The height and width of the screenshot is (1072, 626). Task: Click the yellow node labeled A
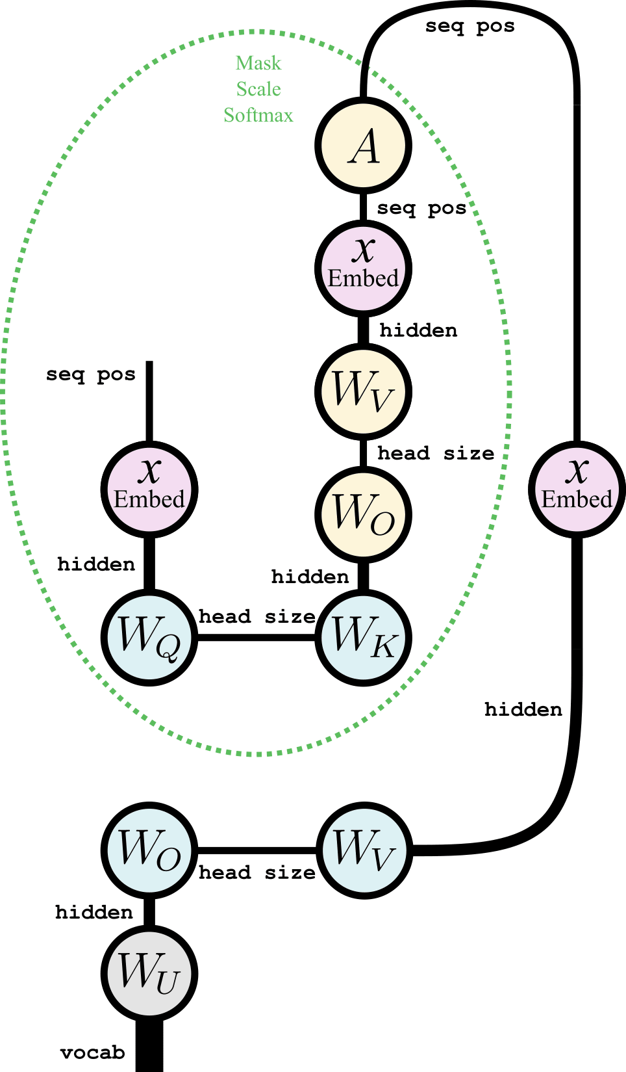364,146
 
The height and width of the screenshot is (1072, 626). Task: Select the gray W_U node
149,973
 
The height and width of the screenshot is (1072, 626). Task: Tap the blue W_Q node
149,637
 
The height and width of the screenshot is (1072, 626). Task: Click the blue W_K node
364,637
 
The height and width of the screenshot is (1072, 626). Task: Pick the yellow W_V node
364,391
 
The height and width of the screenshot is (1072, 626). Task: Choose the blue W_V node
364,850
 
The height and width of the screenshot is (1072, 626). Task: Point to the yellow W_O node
364,515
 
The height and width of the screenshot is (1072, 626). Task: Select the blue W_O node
149,850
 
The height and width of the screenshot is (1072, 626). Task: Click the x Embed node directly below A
364,268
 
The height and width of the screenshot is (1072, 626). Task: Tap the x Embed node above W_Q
149,489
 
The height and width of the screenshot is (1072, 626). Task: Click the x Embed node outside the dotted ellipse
577,489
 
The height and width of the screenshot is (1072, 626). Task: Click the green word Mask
258,63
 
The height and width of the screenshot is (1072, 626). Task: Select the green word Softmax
258,115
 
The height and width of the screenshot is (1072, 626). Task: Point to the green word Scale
258,89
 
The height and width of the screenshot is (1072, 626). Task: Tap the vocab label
92,1052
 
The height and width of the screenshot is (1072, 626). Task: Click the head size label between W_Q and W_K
257,616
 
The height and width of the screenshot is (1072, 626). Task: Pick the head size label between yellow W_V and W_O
436,453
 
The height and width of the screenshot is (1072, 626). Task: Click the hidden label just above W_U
94,912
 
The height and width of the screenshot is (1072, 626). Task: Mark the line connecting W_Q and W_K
257,637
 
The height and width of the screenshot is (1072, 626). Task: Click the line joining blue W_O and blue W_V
257,850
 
